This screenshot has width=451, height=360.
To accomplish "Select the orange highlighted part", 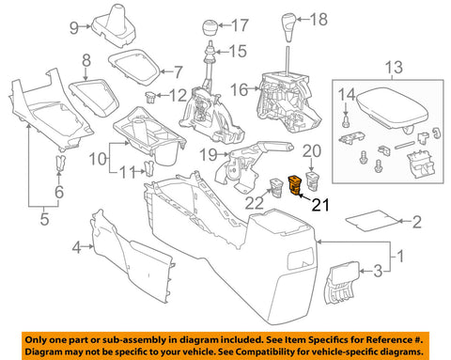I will [x=301, y=181].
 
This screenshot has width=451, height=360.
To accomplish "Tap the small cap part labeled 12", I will [x=149, y=97].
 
